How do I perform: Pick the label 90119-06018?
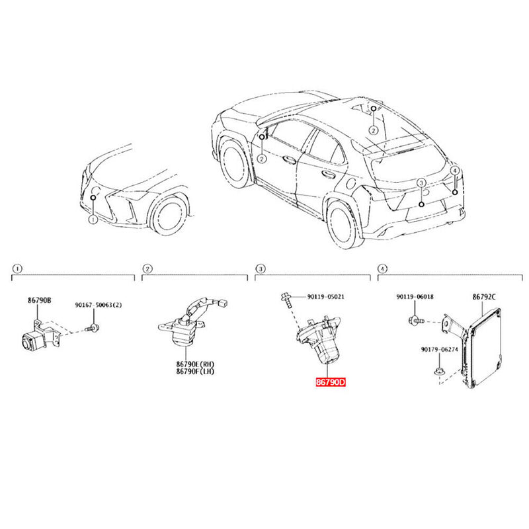point(415,297)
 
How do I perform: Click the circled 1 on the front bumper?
point(93,218)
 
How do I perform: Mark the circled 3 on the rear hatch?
point(421,182)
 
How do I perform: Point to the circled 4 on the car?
point(455,171)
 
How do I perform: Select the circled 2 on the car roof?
point(373,130)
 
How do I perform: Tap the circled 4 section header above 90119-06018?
point(382,269)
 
